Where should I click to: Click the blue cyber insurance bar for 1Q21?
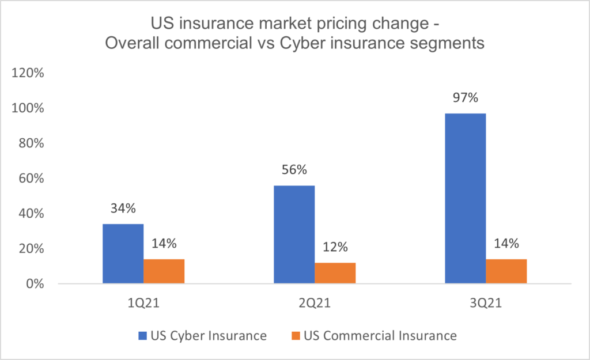pyautogui.click(x=123, y=253)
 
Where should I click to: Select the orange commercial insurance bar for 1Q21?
pyautogui.click(x=164, y=271)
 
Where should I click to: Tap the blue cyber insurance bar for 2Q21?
pyautogui.click(x=294, y=234)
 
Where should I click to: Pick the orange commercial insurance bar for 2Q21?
pyautogui.click(x=335, y=273)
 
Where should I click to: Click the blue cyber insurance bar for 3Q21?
pyautogui.click(x=465, y=198)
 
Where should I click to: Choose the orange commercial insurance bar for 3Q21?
pyautogui.click(x=506, y=271)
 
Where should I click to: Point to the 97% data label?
pyautogui.click(x=465, y=98)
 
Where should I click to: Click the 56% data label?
pyautogui.click(x=294, y=170)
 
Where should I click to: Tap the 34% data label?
pyautogui.click(x=123, y=209)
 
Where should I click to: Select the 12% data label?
pyautogui.click(x=335, y=248)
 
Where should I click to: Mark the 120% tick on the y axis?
pyautogui.click(x=30, y=73)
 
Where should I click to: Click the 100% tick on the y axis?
pyautogui.click(x=30, y=108)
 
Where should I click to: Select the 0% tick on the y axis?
pyautogui.click(x=36, y=284)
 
